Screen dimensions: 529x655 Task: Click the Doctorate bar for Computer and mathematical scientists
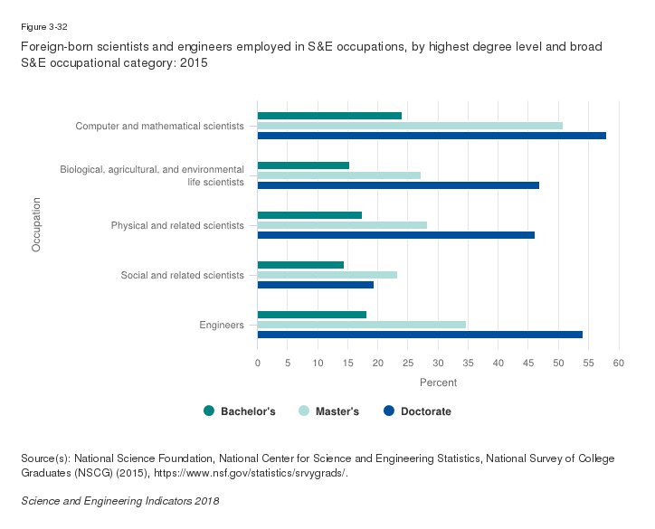432,136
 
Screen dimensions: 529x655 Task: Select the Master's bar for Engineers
362,324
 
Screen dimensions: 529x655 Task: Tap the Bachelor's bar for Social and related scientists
300,264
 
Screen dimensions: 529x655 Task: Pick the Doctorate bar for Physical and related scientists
395,235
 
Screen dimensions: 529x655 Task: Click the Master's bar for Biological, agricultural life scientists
339,175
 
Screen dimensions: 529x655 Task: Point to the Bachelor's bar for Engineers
312,314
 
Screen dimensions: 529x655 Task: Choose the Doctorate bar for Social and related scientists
316,284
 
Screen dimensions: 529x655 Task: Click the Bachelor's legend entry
240,411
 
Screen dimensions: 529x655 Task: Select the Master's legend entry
329,411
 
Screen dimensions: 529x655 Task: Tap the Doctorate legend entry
417,411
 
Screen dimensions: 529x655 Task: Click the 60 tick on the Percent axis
619,364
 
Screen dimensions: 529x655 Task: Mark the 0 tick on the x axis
258,364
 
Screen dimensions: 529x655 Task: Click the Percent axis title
438,383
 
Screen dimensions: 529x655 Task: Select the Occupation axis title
37,225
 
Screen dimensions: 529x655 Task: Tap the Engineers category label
222,325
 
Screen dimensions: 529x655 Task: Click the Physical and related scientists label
177,225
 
